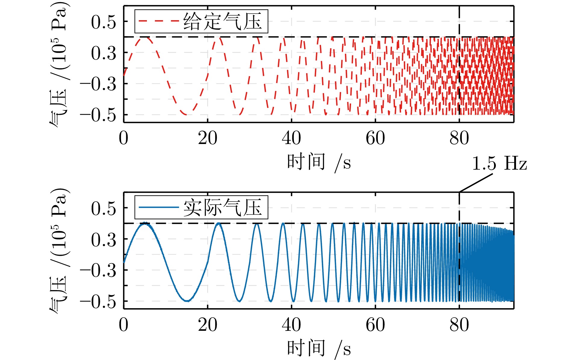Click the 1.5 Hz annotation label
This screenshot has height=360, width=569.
499,164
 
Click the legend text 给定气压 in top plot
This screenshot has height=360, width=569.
222,21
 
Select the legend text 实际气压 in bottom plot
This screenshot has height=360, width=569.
222,208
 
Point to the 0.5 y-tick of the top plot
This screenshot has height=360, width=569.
103,22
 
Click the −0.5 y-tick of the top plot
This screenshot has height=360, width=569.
98,115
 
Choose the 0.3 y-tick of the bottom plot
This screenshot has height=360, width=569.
103,240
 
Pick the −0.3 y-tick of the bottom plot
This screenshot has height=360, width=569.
98,271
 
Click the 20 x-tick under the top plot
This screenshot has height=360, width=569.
207,139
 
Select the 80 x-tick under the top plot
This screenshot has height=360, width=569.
459,139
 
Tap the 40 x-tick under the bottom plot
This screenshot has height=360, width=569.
291,325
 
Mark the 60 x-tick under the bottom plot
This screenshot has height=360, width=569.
375,325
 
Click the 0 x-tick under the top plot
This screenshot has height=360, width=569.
123,139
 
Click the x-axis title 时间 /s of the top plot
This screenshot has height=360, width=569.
319,163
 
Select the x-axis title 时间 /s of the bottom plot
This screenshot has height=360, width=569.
319,349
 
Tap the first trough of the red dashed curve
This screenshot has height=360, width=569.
186,114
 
